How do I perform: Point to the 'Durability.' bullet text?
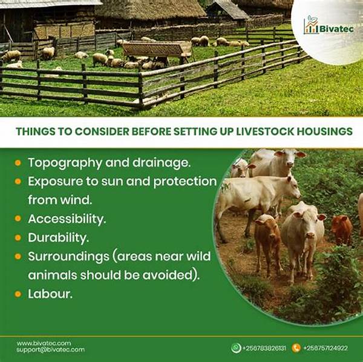59,237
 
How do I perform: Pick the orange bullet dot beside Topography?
18,163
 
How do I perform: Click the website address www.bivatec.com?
44,343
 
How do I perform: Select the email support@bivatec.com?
50,350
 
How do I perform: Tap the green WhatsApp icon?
236,347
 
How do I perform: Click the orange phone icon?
296,347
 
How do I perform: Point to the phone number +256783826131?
264,348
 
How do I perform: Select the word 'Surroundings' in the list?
65,255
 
